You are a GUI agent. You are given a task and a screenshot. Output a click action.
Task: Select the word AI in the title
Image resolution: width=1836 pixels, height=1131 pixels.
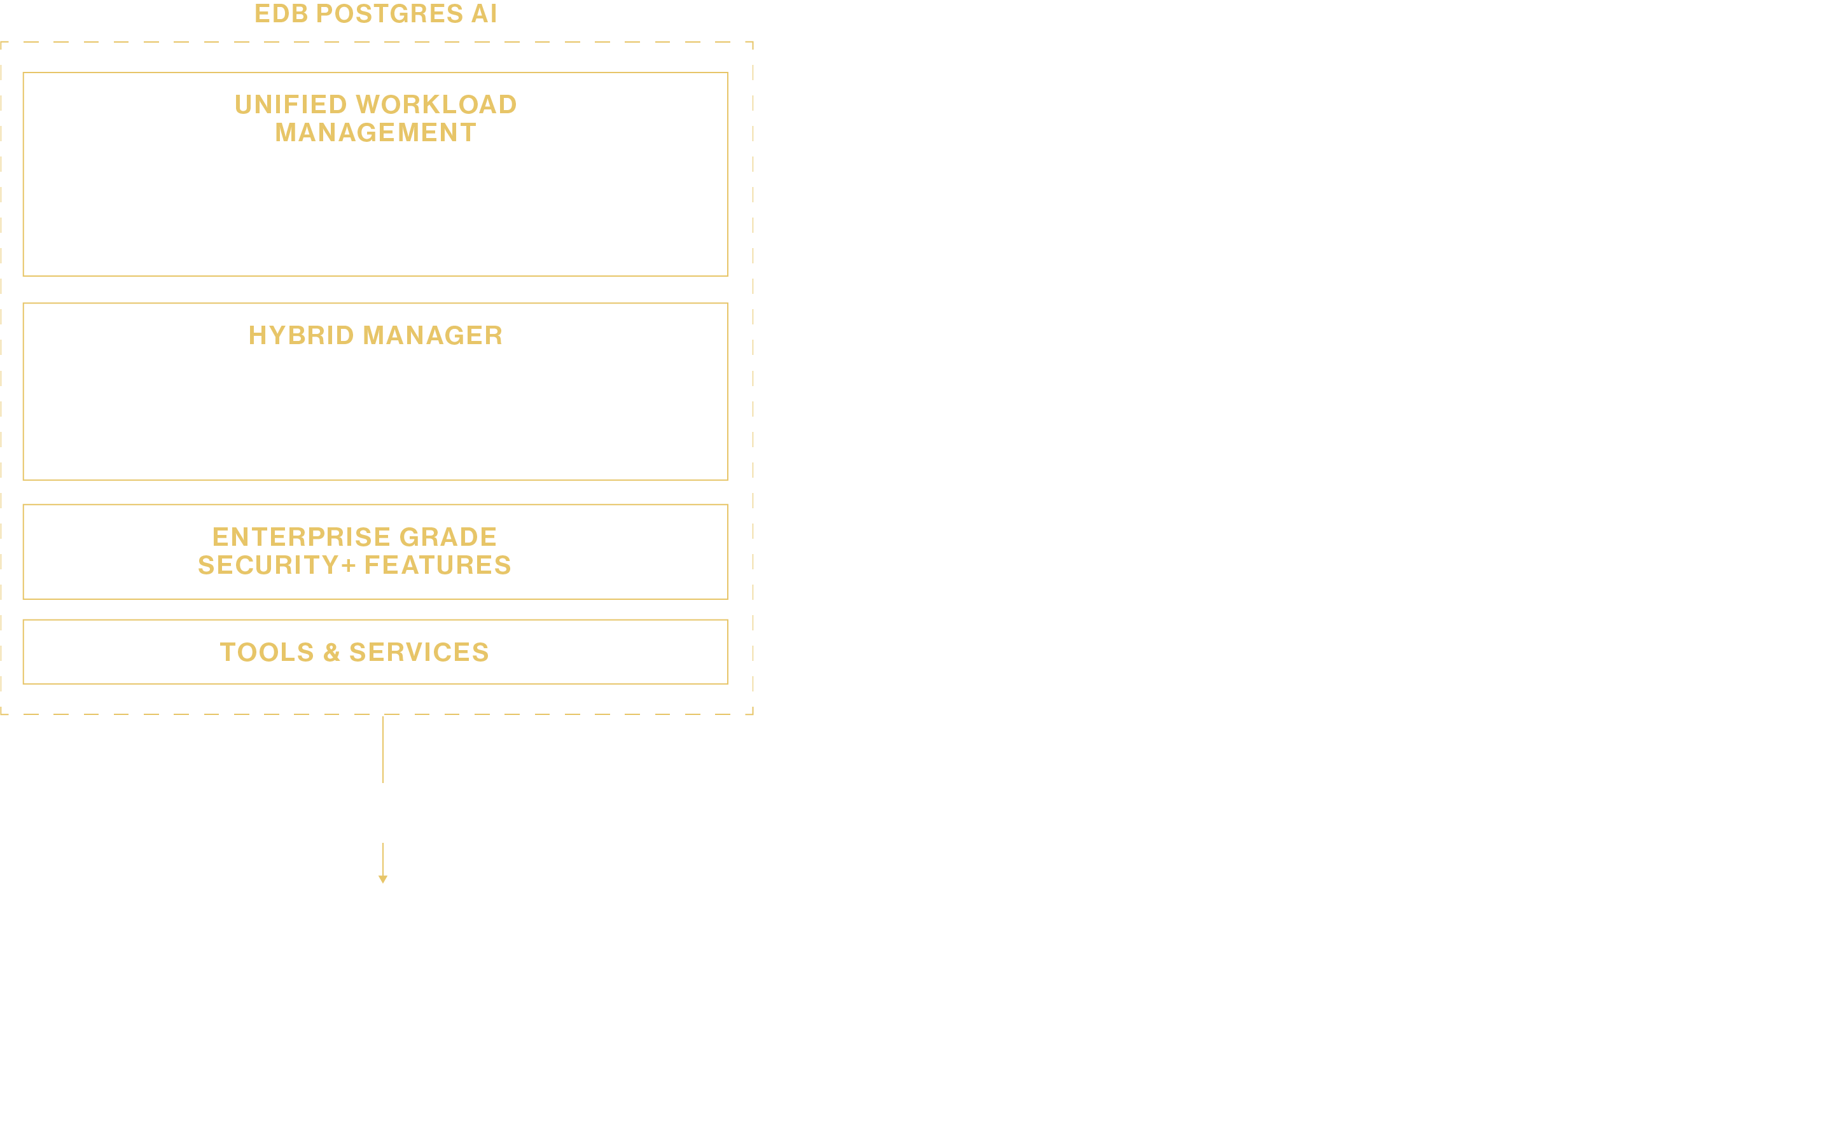[x=484, y=14]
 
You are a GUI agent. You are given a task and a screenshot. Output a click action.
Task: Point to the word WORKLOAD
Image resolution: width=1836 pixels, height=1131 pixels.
[x=437, y=105]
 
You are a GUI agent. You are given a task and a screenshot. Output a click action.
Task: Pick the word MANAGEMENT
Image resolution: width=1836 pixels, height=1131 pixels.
[x=375, y=132]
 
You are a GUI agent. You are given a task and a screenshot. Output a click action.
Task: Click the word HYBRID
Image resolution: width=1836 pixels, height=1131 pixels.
[x=302, y=335]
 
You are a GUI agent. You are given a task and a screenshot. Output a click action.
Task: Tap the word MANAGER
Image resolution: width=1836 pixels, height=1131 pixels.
[x=433, y=335]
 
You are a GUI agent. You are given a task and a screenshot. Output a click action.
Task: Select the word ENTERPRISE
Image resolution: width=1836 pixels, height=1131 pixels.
[x=302, y=537]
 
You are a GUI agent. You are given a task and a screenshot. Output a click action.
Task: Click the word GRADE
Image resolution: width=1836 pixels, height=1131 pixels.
[x=448, y=537]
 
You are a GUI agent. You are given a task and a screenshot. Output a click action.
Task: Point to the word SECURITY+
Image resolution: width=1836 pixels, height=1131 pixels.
[x=276, y=565]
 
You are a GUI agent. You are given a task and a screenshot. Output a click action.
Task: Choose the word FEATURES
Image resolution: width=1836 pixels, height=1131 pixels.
[x=438, y=565]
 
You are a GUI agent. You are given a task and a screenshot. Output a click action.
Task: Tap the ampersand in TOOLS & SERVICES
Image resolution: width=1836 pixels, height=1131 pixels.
[x=332, y=652]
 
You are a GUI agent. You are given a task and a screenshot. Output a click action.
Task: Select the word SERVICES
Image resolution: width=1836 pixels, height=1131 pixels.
[x=419, y=652]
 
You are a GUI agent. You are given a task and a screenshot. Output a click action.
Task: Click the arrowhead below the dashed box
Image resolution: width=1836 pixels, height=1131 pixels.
[x=383, y=879]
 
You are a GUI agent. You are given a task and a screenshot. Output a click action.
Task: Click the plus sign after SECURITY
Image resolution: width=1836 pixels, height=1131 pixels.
[x=348, y=566]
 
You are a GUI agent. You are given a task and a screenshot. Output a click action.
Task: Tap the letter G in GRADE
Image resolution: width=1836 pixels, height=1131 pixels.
[x=410, y=537]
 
